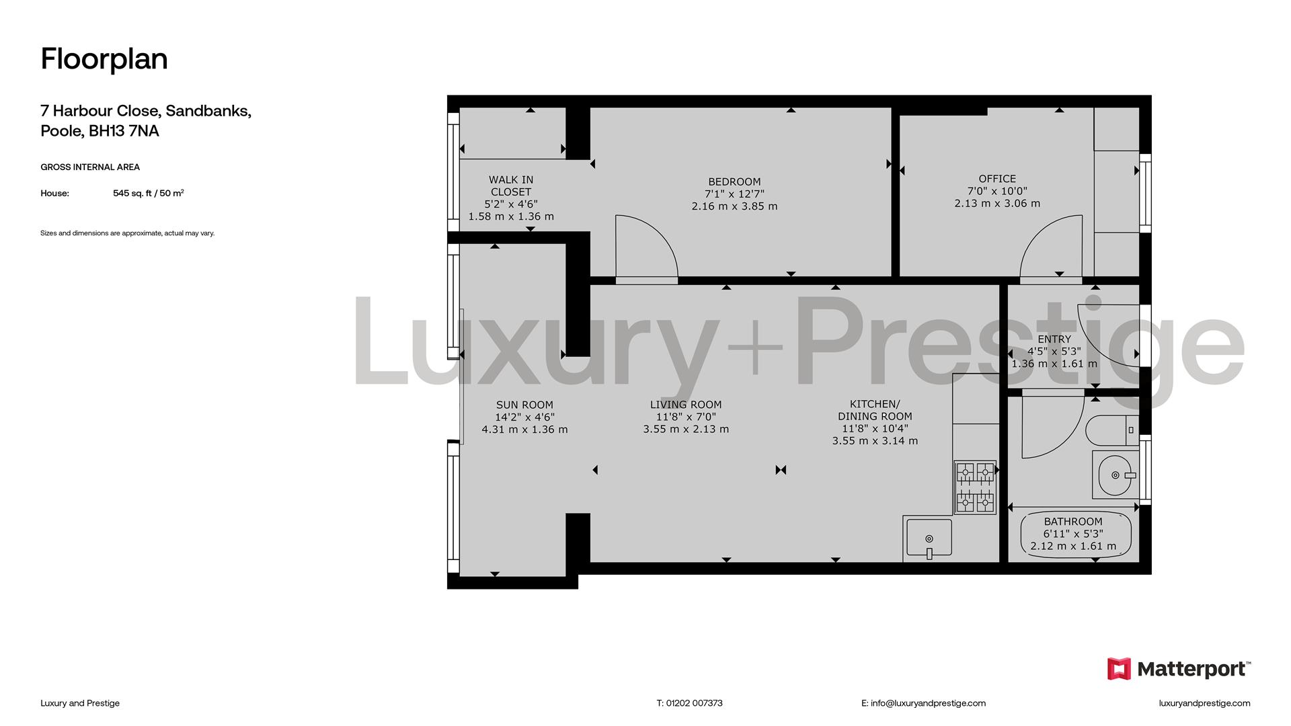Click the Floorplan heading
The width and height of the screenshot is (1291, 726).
104,59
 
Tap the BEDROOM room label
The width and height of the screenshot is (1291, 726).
734,182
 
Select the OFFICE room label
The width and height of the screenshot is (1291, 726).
997,179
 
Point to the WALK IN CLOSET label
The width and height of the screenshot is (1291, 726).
511,186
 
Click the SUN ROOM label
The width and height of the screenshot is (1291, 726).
524,405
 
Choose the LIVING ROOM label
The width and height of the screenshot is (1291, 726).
686,405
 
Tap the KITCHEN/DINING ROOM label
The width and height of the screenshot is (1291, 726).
875,410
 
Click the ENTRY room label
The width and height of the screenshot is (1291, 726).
1054,339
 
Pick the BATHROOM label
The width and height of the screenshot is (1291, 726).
1073,522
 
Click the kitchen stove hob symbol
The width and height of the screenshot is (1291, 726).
975,487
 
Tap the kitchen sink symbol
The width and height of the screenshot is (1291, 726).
929,538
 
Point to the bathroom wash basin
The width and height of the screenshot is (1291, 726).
1116,475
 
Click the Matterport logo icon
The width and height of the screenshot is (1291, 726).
1120,669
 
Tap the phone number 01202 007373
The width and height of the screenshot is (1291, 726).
694,703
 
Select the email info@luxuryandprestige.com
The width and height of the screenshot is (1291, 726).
928,703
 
